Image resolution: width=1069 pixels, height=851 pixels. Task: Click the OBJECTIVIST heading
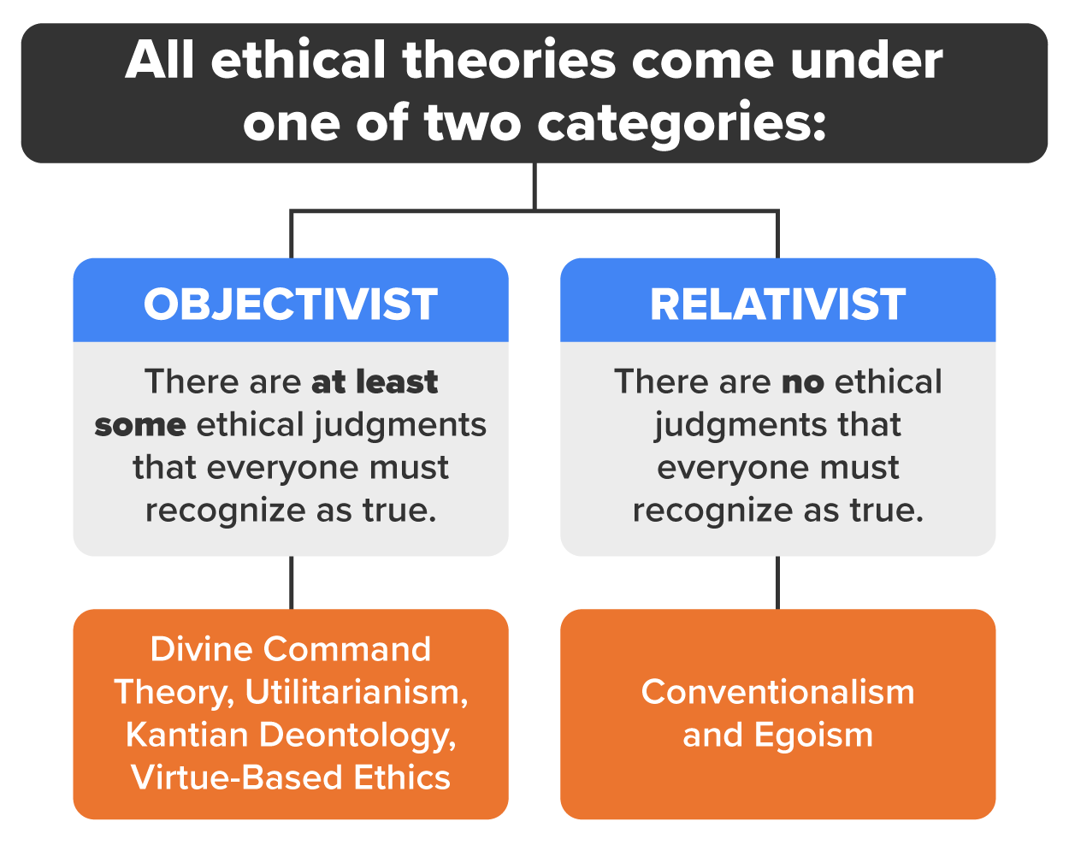291,304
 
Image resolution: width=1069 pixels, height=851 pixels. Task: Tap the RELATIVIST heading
777,304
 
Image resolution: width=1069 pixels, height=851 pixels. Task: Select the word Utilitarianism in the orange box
356,692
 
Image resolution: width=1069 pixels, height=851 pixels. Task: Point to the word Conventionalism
777,692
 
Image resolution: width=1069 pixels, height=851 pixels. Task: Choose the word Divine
201,649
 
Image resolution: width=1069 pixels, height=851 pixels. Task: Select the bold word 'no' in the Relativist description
802,382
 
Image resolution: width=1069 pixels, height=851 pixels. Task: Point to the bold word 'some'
140,425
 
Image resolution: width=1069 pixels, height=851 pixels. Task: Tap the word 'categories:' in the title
682,122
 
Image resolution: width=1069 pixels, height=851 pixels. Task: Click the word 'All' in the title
161,61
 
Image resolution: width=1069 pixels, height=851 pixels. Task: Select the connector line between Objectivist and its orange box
291,582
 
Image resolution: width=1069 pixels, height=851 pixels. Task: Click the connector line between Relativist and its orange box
777,582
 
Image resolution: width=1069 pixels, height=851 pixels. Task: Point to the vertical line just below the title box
534,185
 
